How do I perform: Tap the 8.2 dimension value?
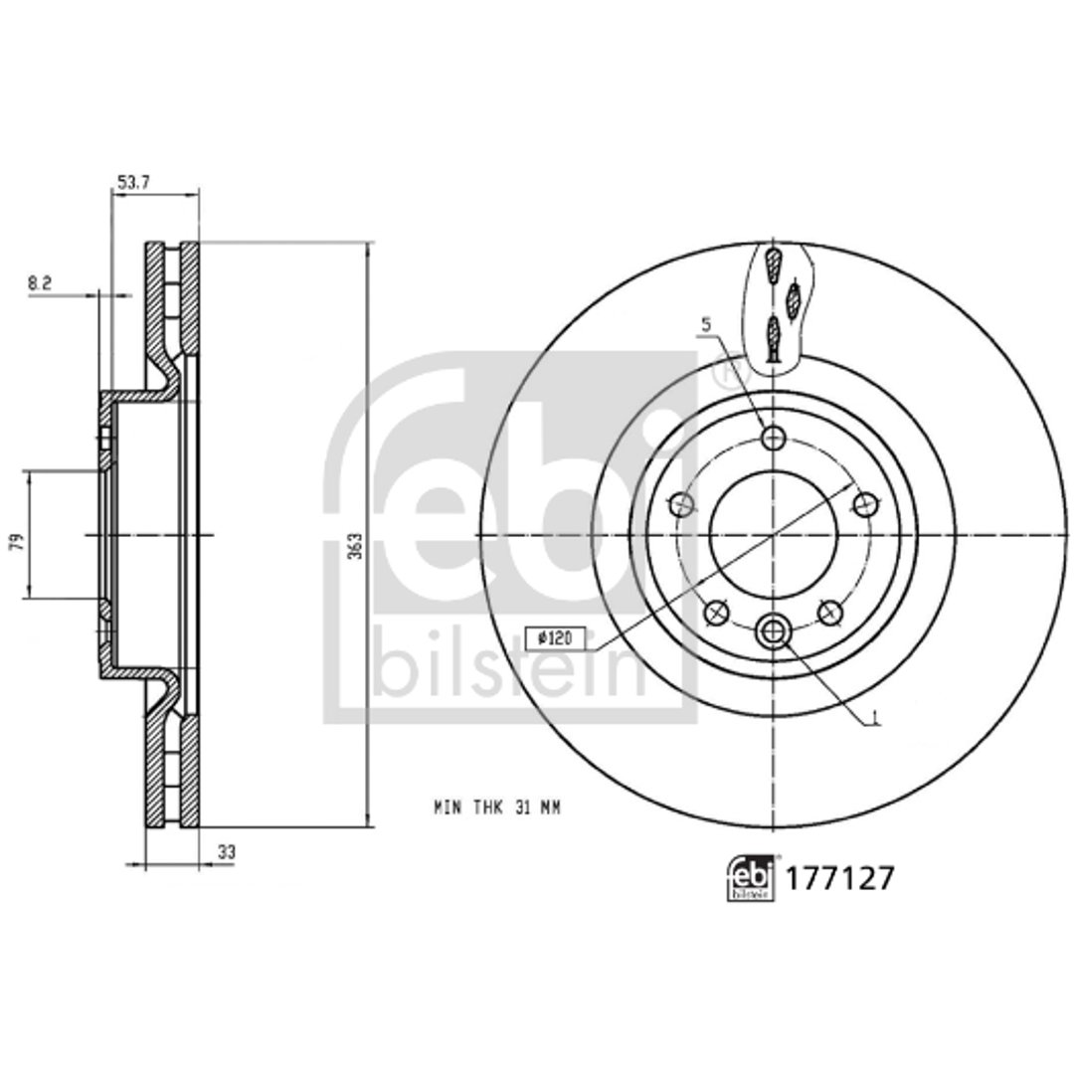coord(40,282)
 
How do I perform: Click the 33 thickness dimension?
coord(227,852)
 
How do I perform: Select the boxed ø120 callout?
coord(554,638)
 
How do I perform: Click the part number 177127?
coord(839,878)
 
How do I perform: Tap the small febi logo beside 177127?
coord(751,877)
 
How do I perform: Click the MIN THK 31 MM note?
coord(497,808)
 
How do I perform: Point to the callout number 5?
coord(706,323)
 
